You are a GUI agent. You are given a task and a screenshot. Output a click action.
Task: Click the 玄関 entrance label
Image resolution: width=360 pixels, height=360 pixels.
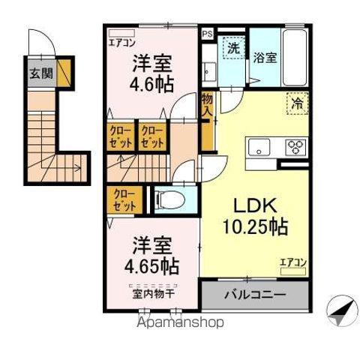tap(41, 73)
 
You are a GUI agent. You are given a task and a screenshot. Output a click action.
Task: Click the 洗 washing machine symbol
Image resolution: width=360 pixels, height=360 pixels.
tap(233, 46)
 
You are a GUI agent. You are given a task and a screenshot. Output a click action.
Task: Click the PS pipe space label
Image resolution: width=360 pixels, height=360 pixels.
tap(206, 34)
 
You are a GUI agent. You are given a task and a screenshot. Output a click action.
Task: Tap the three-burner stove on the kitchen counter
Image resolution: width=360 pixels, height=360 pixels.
tap(293, 147)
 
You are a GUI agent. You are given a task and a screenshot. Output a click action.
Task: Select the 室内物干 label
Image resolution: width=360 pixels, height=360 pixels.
tap(153, 293)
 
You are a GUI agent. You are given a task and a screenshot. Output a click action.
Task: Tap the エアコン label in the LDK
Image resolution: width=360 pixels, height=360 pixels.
tap(292, 261)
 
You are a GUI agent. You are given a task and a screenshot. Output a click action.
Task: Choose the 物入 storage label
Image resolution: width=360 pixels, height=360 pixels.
tap(206, 103)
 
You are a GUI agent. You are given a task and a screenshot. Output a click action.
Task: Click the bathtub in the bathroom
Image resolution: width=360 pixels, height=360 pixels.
tap(293, 57)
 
